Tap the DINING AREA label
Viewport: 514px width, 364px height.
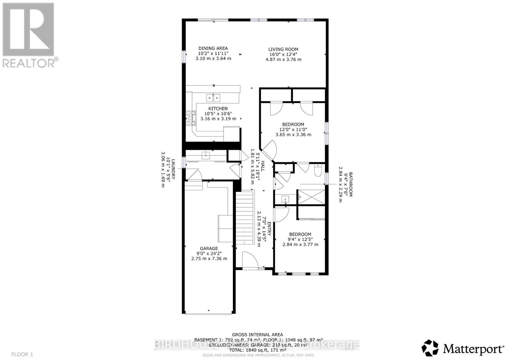213,48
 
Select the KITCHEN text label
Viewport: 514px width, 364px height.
218,108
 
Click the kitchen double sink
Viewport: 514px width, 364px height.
213,97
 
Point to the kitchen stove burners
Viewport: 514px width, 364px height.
190,118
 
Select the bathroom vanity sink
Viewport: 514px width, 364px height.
285,199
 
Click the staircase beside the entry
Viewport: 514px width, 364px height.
245,219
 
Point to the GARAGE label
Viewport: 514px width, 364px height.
209,248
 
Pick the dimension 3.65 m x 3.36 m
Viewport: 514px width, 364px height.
293,135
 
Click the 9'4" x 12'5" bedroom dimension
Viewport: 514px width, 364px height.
300,239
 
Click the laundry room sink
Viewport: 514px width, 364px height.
206,155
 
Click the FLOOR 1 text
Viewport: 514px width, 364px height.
22,354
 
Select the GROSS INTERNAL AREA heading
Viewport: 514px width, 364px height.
257,335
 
